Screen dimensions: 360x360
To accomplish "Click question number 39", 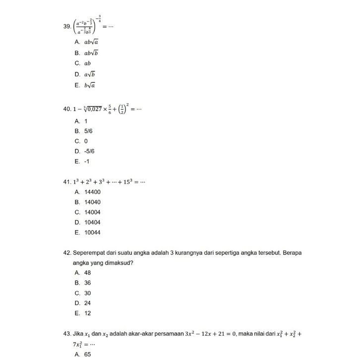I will tap(67, 26).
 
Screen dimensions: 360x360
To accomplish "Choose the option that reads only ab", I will tap(87, 63).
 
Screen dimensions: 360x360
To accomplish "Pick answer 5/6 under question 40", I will tap(88, 131).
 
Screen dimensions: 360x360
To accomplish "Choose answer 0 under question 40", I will tap(86, 141).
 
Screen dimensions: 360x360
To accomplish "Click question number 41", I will tap(67, 182).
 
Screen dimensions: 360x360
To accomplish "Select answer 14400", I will tap(92, 192).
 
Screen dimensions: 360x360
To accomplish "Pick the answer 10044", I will tap(92, 233).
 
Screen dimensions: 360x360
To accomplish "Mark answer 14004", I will tap(92, 212).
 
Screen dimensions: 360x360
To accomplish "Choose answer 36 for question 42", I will tap(87, 283).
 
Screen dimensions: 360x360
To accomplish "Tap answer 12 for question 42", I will tap(87, 313).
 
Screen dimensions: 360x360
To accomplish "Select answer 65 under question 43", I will tap(87, 355).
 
